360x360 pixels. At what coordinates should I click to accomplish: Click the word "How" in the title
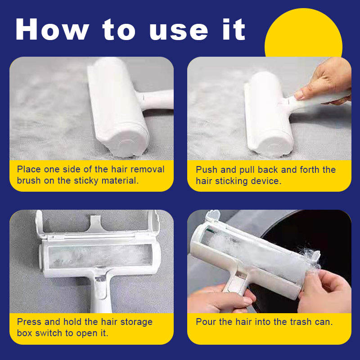click(x=52, y=29)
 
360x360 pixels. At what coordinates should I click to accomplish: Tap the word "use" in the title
click(x=179, y=32)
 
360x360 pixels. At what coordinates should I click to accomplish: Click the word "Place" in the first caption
click(x=29, y=169)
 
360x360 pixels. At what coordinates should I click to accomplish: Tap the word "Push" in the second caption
click(x=207, y=170)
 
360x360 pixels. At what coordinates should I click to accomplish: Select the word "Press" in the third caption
click(x=29, y=322)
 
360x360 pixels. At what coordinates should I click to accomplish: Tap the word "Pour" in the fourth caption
click(x=206, y=322)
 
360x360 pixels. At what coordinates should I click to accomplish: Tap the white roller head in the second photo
click(x=267, y=114)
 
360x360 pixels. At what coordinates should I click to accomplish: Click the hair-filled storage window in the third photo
click(x=100, y=256)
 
